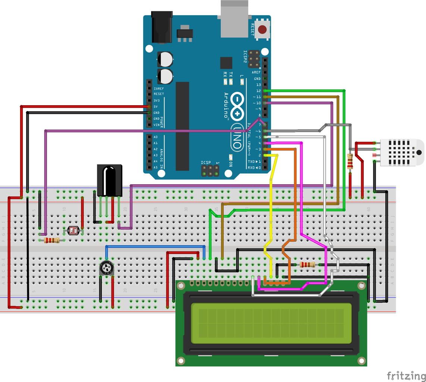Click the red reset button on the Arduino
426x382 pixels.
[x=263, y=29]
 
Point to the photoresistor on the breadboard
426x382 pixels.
[x=73, y=231]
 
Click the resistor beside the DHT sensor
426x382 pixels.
[x=350, y=161]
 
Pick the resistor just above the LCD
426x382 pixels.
[x=307, y=264]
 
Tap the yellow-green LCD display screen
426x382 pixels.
[x=271, y=323]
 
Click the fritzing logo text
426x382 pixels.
[x=406, y=375]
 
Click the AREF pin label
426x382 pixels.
[x=256, y=72]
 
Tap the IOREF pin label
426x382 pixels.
[x=159, y=88]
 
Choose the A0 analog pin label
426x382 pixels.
[x=156, y=137]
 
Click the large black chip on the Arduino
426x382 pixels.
[x=182, y=126]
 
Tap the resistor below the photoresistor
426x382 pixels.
[x=52, y=240]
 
